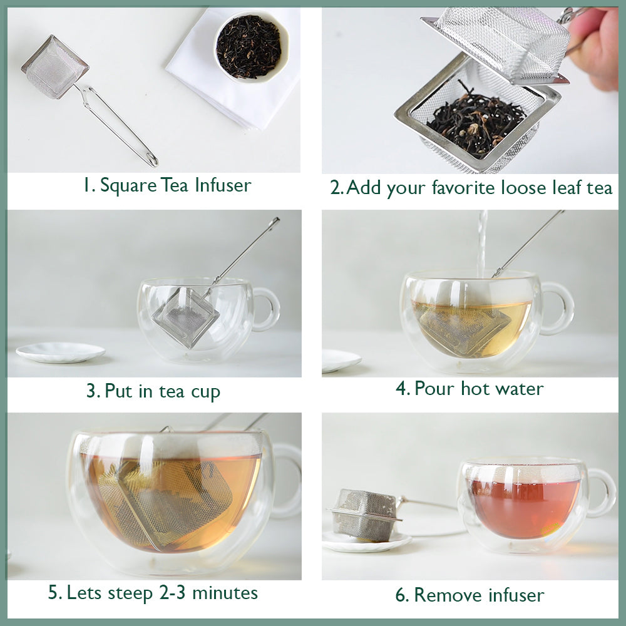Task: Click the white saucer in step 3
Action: point(60,352)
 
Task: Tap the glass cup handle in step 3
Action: point(267,309)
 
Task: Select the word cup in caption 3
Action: point(205,392)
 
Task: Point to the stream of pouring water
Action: point(482,241)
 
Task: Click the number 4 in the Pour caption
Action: point(402,389)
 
